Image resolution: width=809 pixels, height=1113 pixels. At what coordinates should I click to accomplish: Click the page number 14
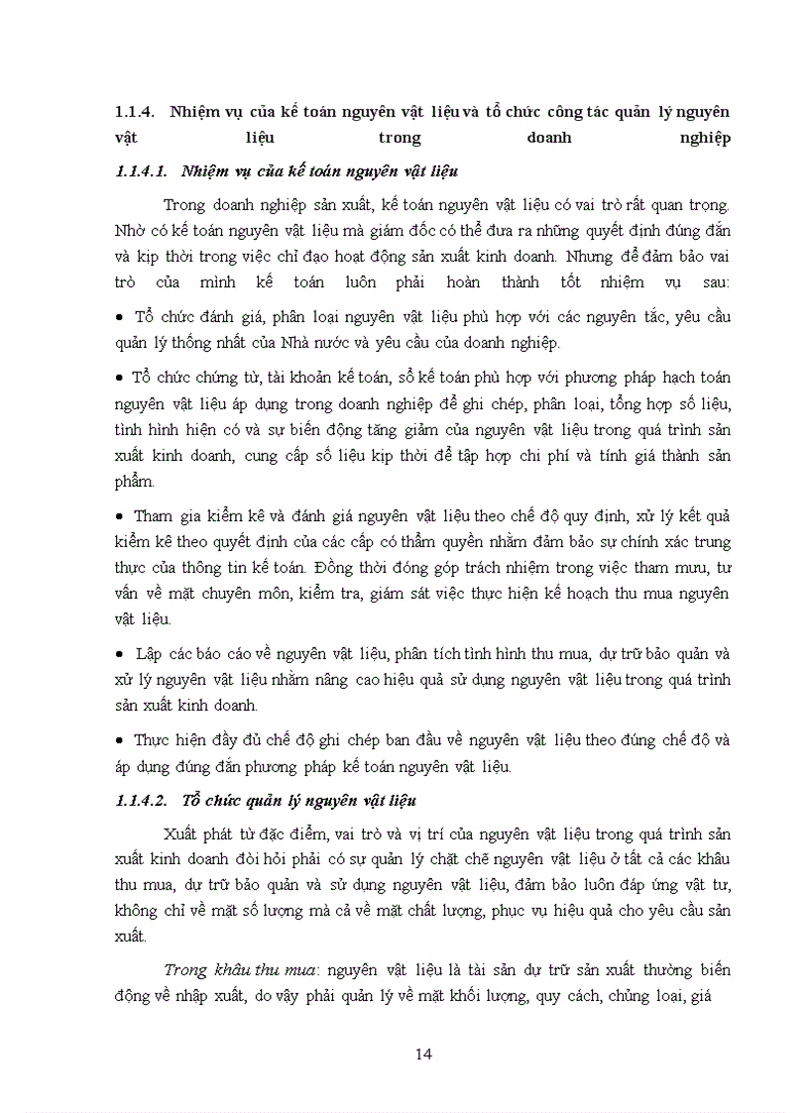tap(423, 1054)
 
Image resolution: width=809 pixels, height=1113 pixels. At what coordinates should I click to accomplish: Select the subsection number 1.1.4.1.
tap(144, 171)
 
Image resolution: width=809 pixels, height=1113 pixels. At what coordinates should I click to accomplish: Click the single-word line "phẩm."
tap(136, 482)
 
